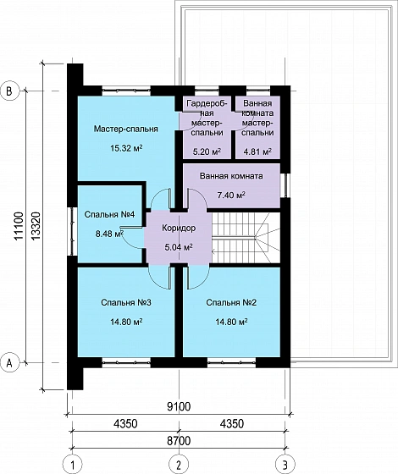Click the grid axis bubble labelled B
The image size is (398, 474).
[9, 91]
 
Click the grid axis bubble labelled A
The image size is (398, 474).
[9, 362]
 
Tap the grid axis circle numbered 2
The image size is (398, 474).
[179, 465]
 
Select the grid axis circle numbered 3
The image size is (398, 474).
[285, 465]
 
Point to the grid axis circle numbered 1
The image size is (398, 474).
[72, 465]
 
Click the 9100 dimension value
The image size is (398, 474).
[179, 406]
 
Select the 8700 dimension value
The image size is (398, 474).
[179, 440]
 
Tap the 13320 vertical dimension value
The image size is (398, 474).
[36, 227]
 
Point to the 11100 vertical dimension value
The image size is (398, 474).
[19, 227]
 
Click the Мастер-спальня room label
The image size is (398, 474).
[126, 129]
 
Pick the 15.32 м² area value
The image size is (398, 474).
[126, 148]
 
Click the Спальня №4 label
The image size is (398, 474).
[109, 215]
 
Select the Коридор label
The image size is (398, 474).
[179, 228]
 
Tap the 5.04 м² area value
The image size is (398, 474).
[179, 247]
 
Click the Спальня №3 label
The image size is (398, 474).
[126, 303]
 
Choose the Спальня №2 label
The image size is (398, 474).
[231, 303]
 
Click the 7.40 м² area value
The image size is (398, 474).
[231, 195]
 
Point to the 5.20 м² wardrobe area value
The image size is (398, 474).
[207, 152]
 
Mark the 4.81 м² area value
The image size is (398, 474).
[257, 152]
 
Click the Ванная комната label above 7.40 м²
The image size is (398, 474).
[231, 176]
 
